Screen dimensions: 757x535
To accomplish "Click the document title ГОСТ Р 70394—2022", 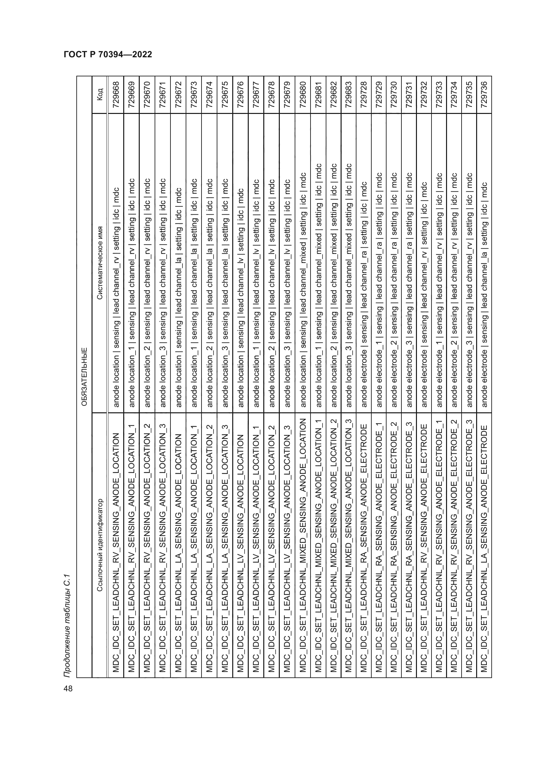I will (x=108, y=54).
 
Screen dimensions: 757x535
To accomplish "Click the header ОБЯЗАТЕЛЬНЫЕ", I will (x=84, y=376).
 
